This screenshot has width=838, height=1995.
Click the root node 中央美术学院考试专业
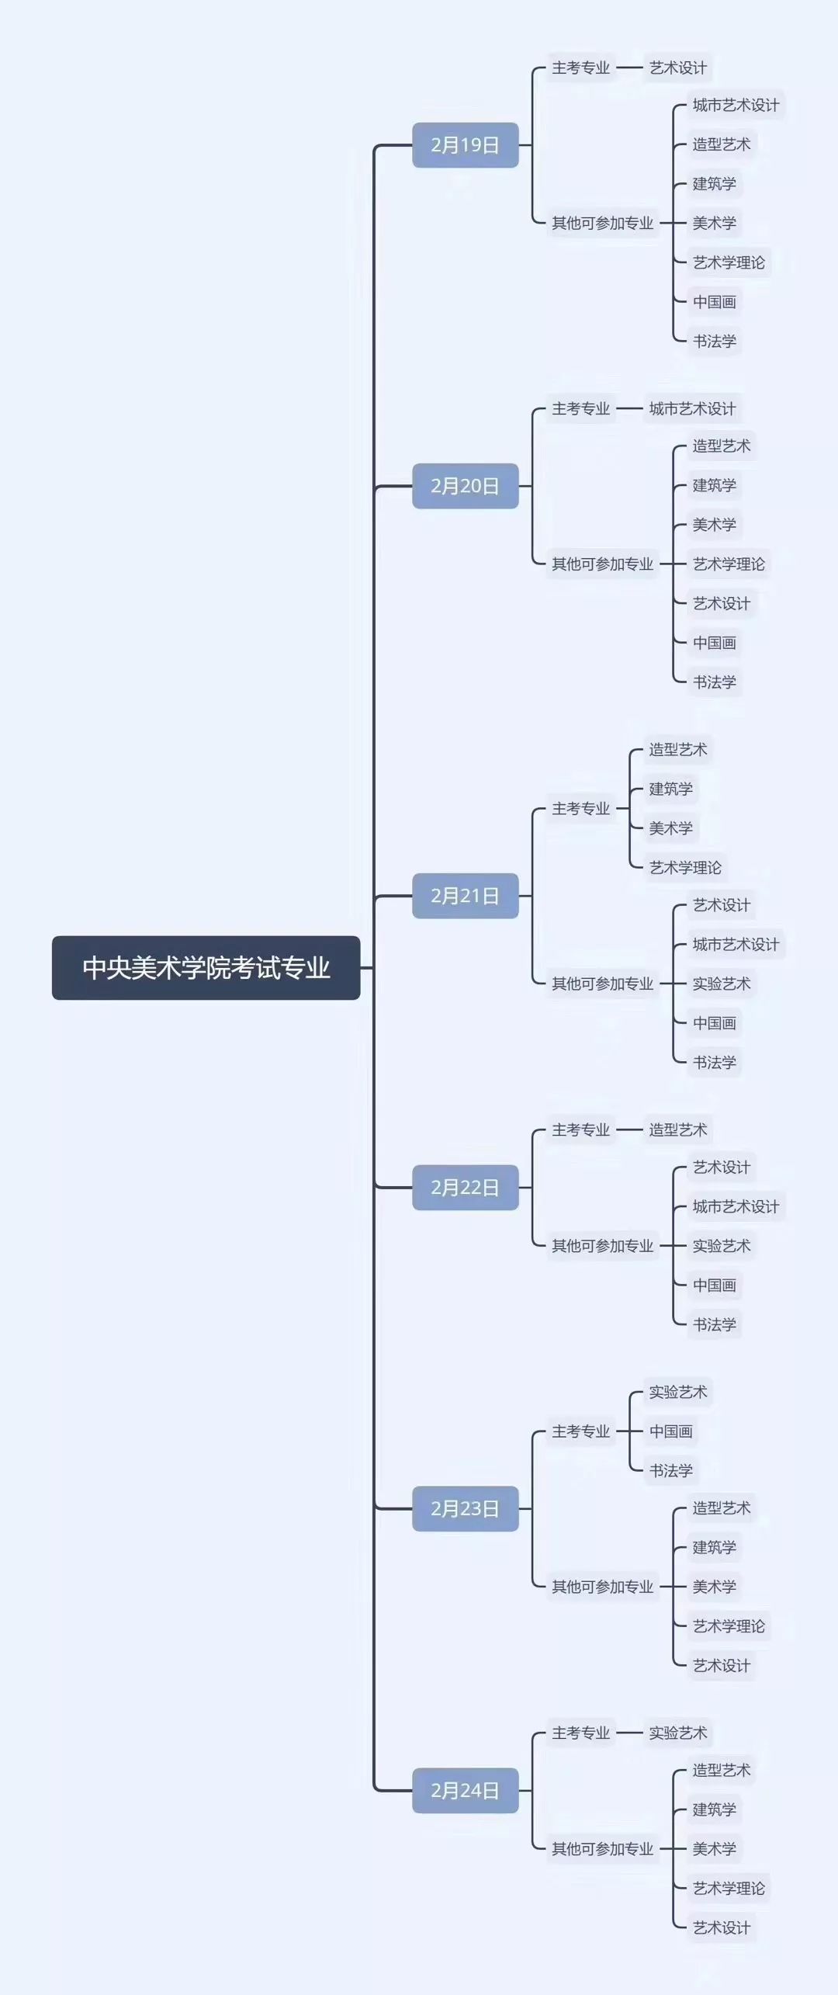[206, 968]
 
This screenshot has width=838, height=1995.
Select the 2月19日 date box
[465, 145]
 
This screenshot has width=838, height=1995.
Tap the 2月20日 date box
[465, 486]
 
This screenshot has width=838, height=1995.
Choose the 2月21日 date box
[465, 896]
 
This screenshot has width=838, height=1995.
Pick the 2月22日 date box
[465, 1187]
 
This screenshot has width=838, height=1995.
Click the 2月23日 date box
[465, 1508]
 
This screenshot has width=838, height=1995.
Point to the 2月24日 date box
[465, 1790]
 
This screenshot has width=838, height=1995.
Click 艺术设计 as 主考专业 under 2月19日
[677, 68]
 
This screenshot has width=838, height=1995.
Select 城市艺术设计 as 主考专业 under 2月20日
[692, 409]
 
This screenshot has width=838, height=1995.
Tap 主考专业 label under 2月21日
[581, 809]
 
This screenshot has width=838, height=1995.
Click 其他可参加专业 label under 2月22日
[603, 1246]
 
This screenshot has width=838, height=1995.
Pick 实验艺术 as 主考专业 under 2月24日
[678, 1733]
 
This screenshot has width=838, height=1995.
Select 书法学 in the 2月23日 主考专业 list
[671, 1470]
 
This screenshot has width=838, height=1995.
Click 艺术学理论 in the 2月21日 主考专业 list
[685, 867]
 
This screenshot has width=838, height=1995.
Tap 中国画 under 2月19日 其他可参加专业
[715, 302]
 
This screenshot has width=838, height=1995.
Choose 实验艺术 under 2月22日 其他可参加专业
[722, 1246]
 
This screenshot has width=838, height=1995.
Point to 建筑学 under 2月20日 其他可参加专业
[715, 486]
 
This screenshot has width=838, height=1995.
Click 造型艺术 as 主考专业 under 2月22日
[678, 1129]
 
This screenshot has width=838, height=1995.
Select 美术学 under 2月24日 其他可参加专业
[715, 1848]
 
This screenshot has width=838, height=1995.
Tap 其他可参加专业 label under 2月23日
[603, 1587]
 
